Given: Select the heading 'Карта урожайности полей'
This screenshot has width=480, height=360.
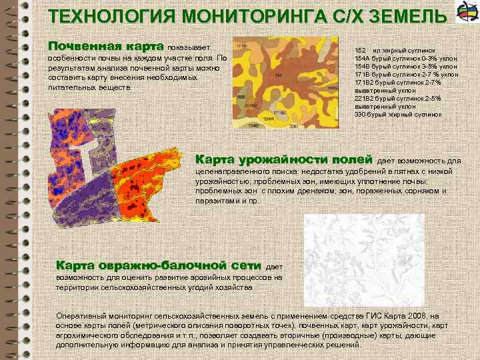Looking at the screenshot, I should click(283, 160).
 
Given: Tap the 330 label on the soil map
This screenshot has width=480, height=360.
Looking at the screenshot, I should click(293, 125).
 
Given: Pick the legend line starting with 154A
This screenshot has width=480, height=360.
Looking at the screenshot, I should click(406, 59).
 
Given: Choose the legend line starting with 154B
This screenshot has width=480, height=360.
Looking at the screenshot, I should click(406, 67).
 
